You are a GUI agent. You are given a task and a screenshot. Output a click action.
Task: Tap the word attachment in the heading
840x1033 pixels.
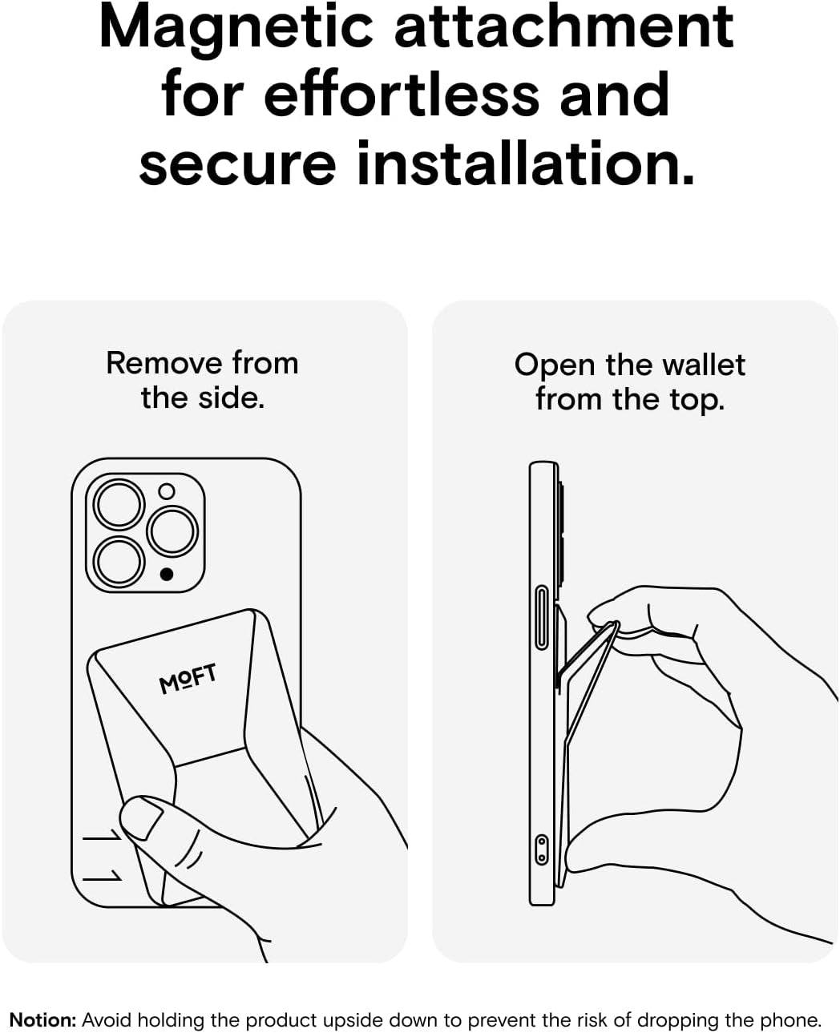coord(564,26)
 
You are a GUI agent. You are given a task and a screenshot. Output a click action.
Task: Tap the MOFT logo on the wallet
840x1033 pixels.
coord(188,678)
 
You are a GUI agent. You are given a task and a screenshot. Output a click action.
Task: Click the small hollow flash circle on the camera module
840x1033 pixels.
coord(167,491)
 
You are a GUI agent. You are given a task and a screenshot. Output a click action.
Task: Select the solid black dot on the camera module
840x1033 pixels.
coord(167,575)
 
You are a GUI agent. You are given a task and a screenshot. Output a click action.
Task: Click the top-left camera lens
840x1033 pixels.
coord(119,504)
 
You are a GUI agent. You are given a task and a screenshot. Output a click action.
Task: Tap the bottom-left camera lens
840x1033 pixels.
coord(119,562)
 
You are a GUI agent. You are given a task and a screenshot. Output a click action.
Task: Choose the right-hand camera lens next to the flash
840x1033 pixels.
coord(172,531)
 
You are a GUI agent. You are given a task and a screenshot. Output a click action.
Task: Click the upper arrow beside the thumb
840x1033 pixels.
coord(102,834)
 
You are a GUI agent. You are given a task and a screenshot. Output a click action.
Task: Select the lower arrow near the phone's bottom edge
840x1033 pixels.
coord(102,875)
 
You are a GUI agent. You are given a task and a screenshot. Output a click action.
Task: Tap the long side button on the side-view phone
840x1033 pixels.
coord(542,617)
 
